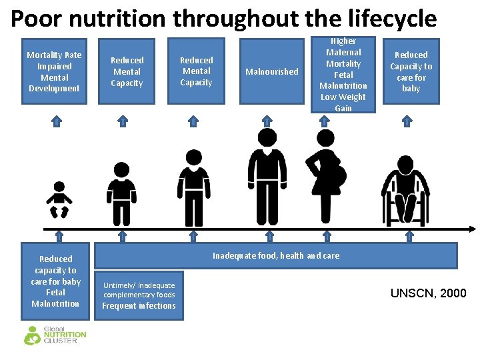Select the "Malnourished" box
coord(272,71)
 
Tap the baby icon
coord(59,199)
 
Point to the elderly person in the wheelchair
coord(404,191)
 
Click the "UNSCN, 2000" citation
coord(428,293)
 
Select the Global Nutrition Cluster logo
coord(55,334)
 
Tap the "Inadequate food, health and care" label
coord(276,255)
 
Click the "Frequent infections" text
coord(139,306)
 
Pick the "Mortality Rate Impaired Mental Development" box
coord(54,72)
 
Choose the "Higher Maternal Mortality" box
coord(343,75)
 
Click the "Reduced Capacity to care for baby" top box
coord(411,72)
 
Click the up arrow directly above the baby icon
coord(57,121)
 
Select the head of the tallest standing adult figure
coord(267,138)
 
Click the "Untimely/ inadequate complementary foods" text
coord(139,290)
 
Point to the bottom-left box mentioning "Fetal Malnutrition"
coord(56,281)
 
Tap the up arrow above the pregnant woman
coord(325,121)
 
